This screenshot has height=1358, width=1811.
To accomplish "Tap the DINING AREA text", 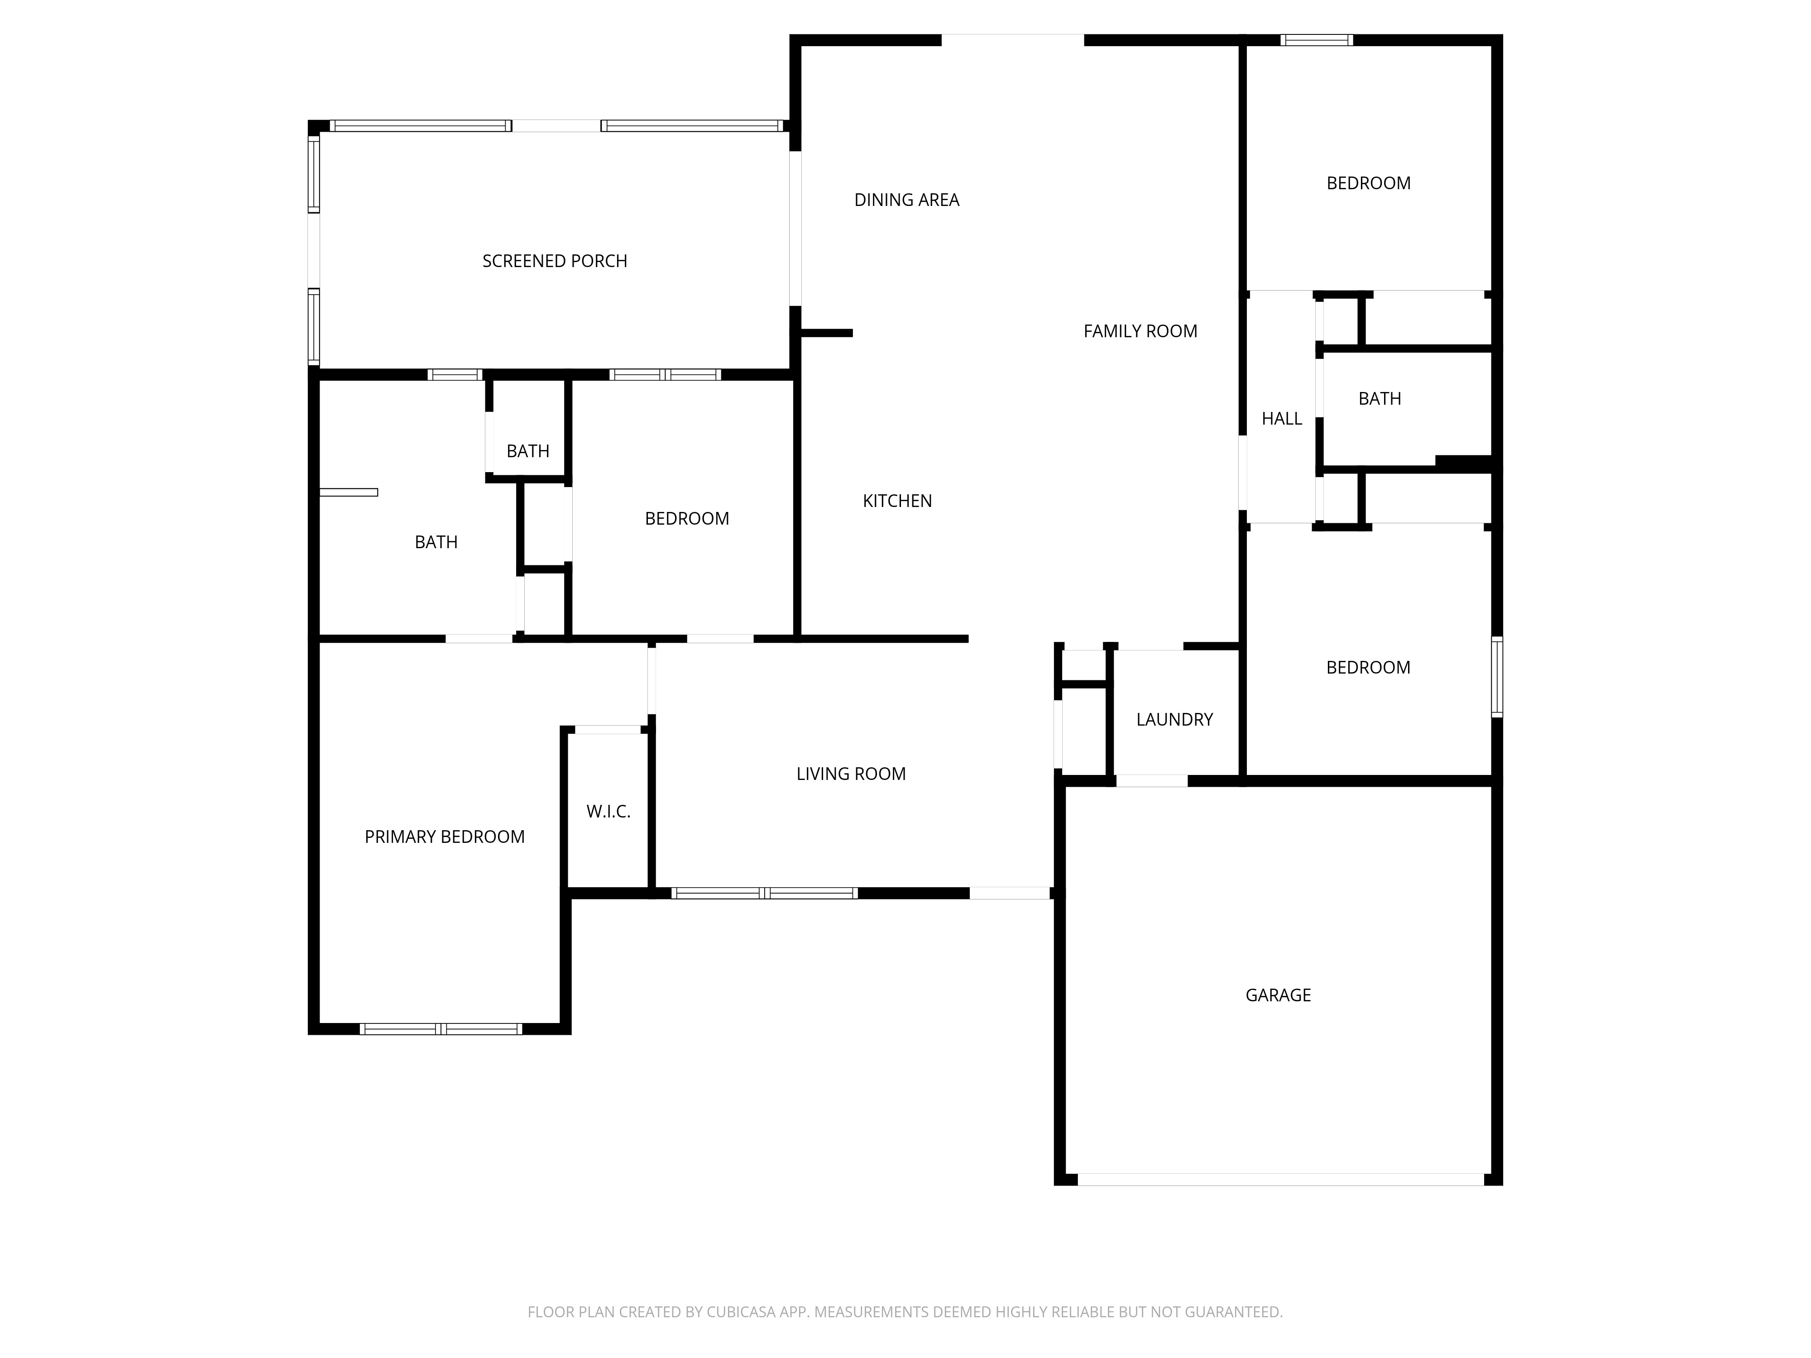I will click(906, 200).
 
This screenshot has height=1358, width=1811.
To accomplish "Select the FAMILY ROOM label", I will click(1140, 331).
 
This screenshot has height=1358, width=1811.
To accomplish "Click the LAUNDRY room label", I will click(1174, 720).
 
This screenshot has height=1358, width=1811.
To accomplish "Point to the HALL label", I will click(1281, 419).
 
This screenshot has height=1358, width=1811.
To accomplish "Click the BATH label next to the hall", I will click(1380, 399).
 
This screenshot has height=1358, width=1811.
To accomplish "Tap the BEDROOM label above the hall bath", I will click(1368, 183).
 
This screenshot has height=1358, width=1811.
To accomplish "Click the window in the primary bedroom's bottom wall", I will click(441, 1029).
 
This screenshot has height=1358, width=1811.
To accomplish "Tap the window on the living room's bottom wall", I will click(764, 893).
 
